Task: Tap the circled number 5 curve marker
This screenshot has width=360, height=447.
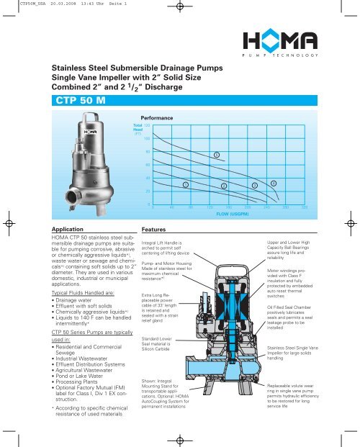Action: click(x=216, y=155)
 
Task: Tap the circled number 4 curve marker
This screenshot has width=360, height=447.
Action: click(x=274, y=183)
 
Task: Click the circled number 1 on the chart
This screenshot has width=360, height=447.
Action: click(x=184, y=186)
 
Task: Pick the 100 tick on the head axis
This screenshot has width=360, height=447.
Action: click(x=147, y=138)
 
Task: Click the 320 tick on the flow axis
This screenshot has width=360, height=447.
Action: click(x=305, y=208)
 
